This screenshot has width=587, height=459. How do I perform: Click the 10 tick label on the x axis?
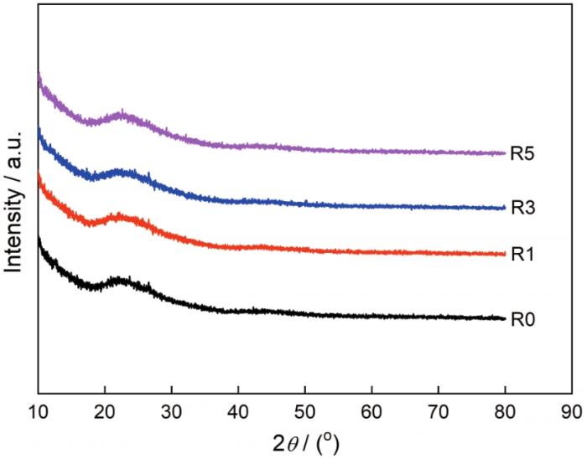(38, 411)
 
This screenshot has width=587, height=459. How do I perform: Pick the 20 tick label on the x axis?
(105, 411)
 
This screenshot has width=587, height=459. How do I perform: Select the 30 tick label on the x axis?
(171, 411)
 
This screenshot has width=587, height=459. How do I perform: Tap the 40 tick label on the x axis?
(238, 411)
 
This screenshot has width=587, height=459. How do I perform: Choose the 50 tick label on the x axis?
(304, 411)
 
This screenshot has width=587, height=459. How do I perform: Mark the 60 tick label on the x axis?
(371, 411)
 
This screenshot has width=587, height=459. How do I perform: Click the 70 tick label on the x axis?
(438, 411)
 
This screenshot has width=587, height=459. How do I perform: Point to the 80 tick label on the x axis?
(505, 411)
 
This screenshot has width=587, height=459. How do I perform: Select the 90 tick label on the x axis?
(571, 411)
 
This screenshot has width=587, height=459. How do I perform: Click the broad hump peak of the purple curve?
(123, 114)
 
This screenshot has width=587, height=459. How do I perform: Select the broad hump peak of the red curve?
(122, 216)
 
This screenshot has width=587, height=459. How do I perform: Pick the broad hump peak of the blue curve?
(124, 173)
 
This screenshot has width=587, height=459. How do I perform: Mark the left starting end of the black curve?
(39, 240)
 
